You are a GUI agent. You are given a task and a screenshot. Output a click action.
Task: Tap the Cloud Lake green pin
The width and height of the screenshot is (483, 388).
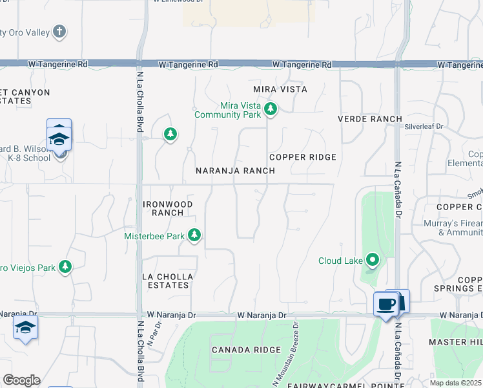pyautogui.click(x=373, y=261)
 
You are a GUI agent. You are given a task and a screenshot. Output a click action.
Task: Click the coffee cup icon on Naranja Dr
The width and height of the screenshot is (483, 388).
pyautogui.click(x=385, y=304)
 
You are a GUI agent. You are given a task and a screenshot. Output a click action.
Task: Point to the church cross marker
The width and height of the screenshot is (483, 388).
pyautogui.click(x=59, y=31)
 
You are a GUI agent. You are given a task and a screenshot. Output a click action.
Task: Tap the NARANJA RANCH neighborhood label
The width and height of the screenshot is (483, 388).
pyautogui.click(x=236, y=171)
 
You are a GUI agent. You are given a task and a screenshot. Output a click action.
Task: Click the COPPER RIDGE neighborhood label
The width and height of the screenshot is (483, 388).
pyautogui.click(x=302, y=157)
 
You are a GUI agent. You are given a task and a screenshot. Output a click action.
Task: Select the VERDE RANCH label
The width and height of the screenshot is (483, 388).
pyautogui.click(x=370, y=119)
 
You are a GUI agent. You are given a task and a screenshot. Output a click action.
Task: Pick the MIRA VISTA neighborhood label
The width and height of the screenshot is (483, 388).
pyautogui.click(x=280, y=89)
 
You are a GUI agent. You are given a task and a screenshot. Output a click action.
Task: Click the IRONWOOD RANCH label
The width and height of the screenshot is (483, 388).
pyautogui.click(x=167, y=208)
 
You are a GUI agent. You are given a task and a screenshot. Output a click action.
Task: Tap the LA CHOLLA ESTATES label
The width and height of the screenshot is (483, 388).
pyautogui.click(x=167, y=281)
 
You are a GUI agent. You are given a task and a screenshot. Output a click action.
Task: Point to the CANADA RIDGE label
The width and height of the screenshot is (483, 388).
pyautogui.click(x=246, y=350)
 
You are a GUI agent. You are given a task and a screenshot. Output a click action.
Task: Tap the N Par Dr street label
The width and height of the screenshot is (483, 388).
pyautogui.click(x=153, y=331)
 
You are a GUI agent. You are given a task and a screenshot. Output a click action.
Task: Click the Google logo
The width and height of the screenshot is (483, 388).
pyautogui.click(x=21, y=380)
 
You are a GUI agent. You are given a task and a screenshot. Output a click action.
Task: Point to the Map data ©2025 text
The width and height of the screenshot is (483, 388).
pyautogui.click(x=456, y=383)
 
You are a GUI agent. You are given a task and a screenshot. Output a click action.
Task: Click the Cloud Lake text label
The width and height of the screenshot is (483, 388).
pyautogui.click(x=339, y=261)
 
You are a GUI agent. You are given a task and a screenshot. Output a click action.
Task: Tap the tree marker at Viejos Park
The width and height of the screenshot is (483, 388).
pyautogui.click(x=65, y=266)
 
